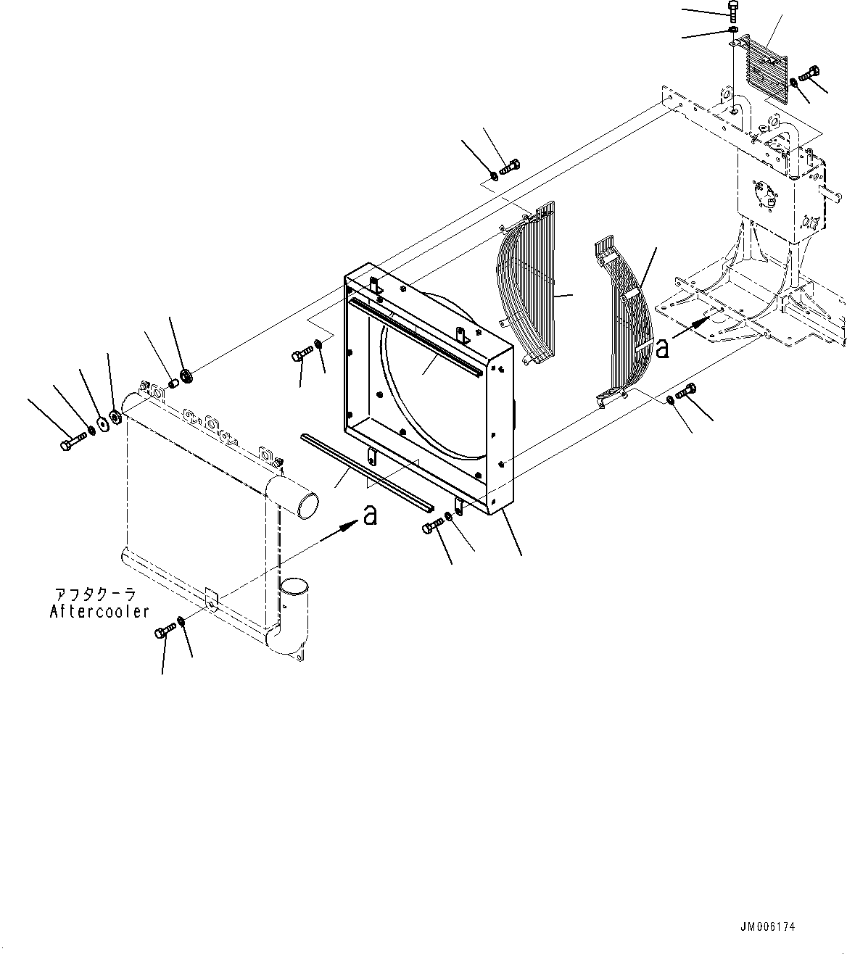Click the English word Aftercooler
click(99, 611)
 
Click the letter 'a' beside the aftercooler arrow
click(370, 515)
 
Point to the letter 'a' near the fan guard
click(662, 349)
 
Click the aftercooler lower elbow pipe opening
click(294, 586)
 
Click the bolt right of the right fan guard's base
click(687, 391)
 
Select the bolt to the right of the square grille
click(810, 74)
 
